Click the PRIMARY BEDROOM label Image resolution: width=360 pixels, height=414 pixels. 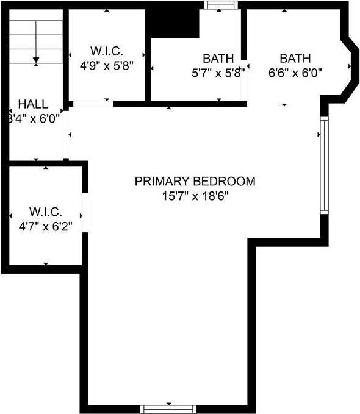[x=195, y=181]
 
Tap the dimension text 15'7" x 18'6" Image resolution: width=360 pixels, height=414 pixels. [x=195, y=196]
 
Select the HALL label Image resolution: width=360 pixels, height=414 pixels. [x=33, y=104]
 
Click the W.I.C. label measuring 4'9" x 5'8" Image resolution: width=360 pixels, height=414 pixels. [x=106, y=49]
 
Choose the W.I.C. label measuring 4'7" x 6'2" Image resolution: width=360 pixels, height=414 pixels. [x=45, y=212]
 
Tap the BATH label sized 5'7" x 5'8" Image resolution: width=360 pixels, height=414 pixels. [x=218, y=59]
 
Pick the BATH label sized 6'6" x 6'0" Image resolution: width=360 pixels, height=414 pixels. [x=295, y=59]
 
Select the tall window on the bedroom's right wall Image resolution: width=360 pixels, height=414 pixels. [x=325, y=165]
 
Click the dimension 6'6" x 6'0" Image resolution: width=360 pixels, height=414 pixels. [x=295, y=73]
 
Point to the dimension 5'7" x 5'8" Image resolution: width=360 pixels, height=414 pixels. [x=218, y=73]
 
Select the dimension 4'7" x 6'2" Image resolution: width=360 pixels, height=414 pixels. [x=45, y=226]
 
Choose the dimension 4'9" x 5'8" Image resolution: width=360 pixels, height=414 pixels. [x=106, y=63]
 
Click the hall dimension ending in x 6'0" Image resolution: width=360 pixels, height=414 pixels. [x=33, y=118]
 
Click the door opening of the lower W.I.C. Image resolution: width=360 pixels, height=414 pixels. [x=85, y=213]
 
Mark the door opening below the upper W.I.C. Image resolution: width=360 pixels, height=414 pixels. [x=92, y=104]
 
